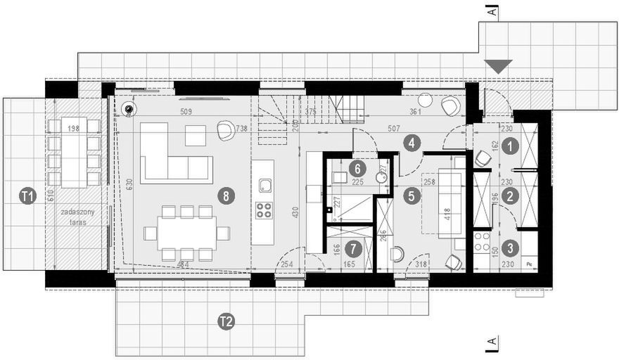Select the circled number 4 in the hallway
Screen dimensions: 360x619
coord(412,143)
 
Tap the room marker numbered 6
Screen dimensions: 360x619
coord(357,168)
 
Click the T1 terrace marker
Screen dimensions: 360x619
coord(27,197)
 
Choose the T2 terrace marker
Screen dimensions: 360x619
coord(225,322)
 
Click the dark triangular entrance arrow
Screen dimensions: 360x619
coord(499,66)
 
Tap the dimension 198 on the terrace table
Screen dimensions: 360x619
coord(72,129)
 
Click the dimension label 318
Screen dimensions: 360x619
coord(422,264)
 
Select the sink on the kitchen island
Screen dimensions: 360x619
coord(264,186)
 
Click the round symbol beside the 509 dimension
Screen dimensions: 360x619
coord(129,109)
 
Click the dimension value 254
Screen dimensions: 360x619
coord(287,264)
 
